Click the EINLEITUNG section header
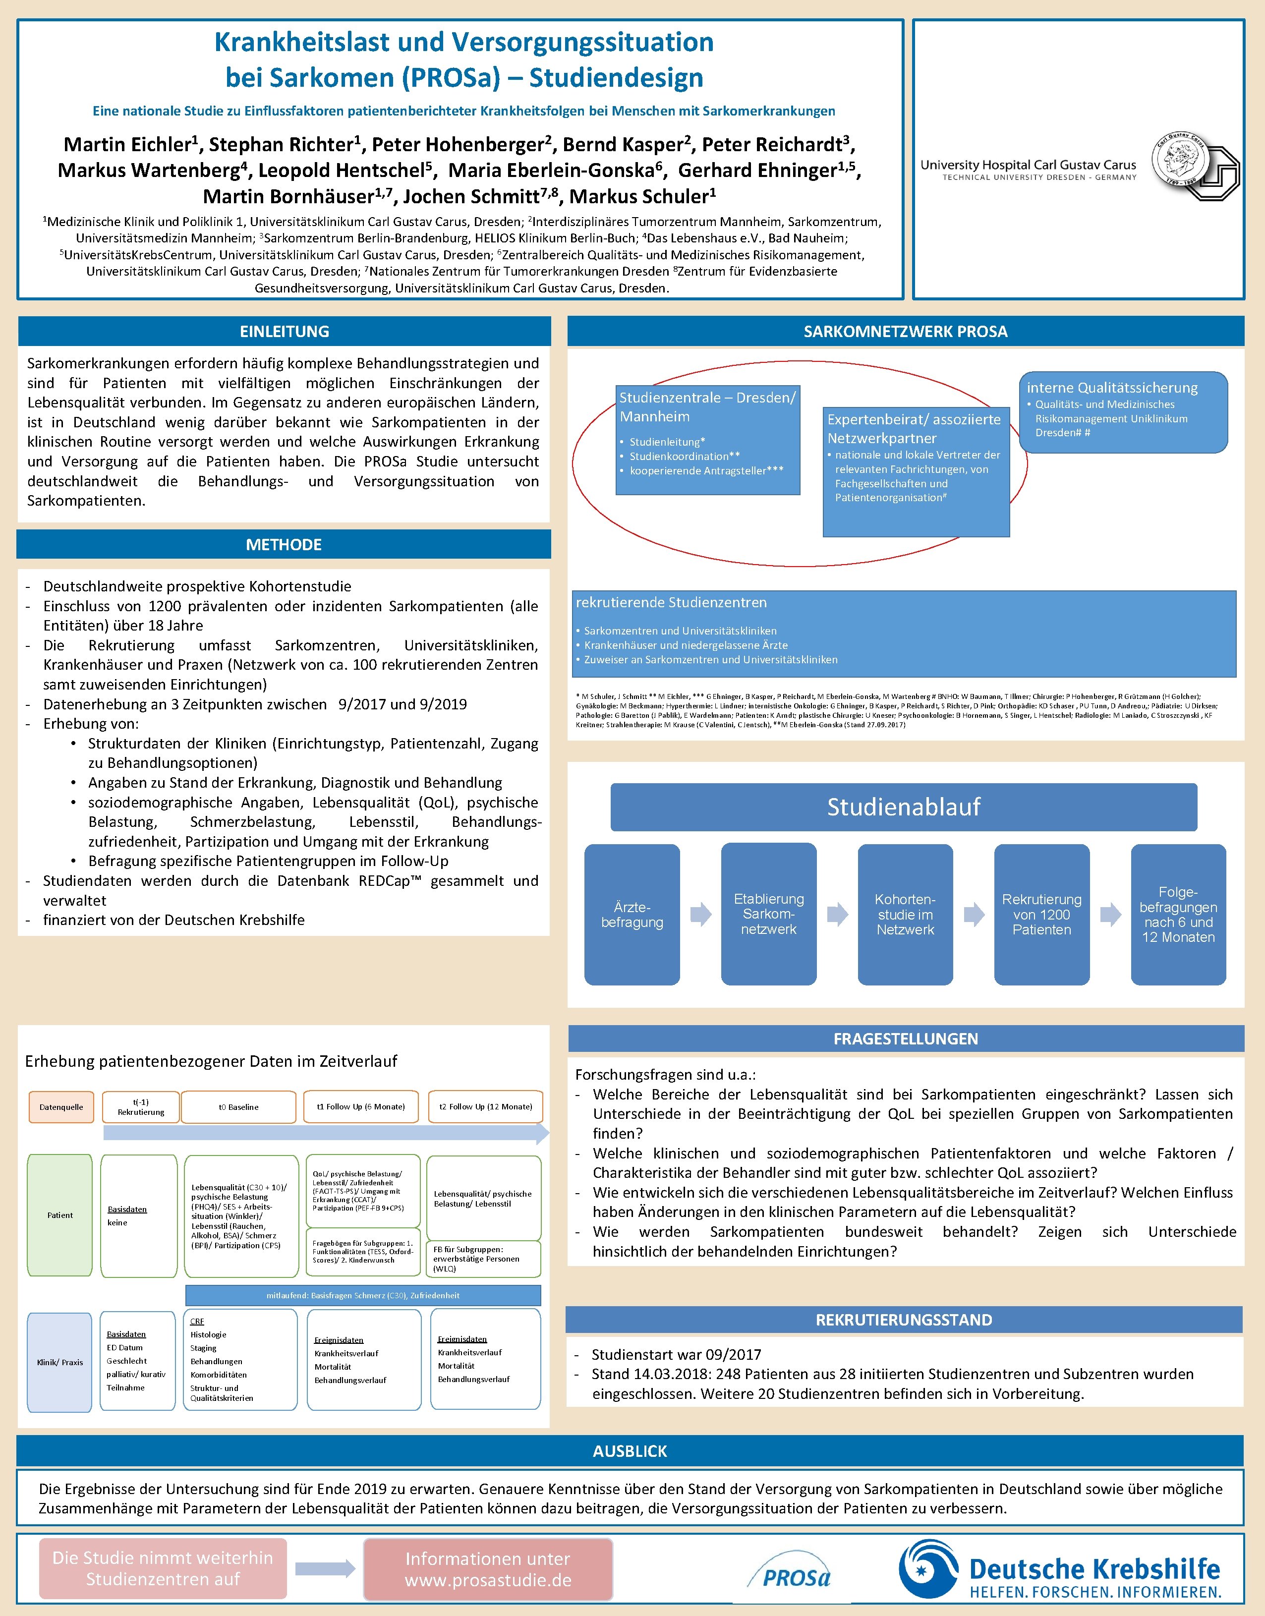[285, 331]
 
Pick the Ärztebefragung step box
[632, 915]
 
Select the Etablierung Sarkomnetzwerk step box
[769, 915]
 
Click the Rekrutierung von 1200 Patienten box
[1041, 915]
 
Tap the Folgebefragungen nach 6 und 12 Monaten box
[1178, 915]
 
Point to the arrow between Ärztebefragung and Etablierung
[700, 915]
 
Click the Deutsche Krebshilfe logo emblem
[928, 1568]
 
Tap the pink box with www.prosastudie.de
[488, 1568]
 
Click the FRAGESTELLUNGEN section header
[905, 1039]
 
